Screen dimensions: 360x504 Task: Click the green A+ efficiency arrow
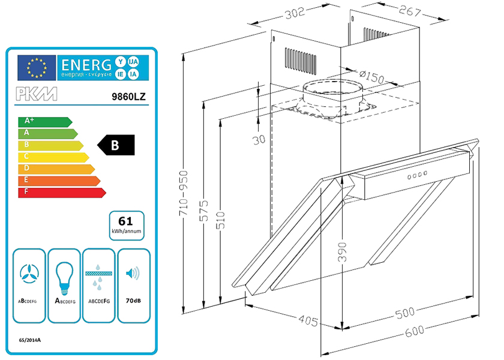coord(44,122)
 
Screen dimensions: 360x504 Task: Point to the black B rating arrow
coord(119,145)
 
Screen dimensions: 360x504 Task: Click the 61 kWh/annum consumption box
coord(126,224)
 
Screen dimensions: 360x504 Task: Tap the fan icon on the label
coord(29,274)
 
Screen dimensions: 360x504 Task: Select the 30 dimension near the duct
coord(259,140)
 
